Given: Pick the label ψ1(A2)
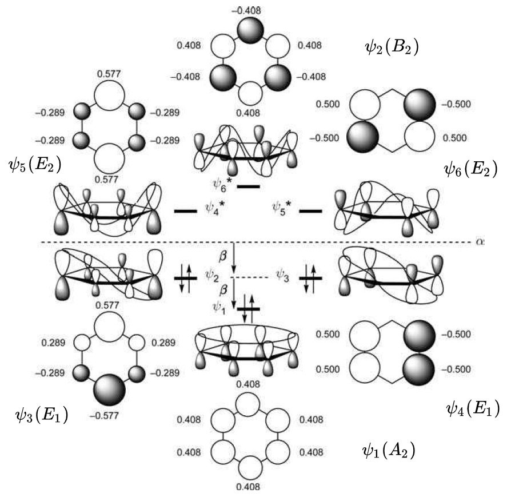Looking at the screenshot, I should pyautogui.click(x=389, y=450).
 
